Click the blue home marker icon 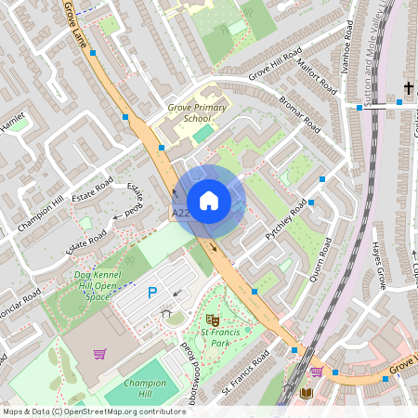click(209, 201)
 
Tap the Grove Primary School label click(197, 113)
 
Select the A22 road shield click(181, 214)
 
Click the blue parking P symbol click(152, 293)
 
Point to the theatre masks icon click(213, 319)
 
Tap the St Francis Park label click(208, 336)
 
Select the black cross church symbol click(409, 89)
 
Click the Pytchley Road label click(285, 221)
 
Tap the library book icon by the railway click(307, 394)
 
